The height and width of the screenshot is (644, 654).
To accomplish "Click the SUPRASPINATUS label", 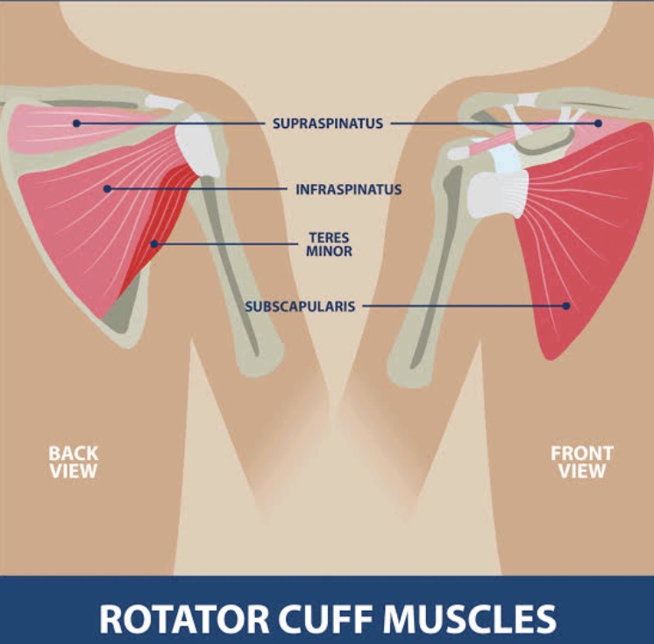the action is click(x=328, y=124).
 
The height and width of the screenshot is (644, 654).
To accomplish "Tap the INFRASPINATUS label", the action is click(x=349, y=189).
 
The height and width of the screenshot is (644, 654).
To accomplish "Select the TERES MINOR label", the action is click(x=329, y=244).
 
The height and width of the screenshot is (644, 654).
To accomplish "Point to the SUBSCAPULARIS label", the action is click(x=300, y=307).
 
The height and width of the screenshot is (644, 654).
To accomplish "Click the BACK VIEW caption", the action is click(x=74, y=463).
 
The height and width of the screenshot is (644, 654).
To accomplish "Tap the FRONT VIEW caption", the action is click(x=582, y=463).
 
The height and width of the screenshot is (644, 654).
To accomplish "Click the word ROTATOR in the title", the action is click(x=184, y=619).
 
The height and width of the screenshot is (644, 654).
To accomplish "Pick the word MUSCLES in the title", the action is click(x=469, y=619).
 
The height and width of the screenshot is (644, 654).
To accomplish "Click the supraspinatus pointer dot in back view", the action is click(x=76, y=124).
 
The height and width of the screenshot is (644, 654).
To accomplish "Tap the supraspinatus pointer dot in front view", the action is click(x=598, y=124).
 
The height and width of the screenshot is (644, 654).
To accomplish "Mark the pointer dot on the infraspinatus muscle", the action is click(x=107, y=189).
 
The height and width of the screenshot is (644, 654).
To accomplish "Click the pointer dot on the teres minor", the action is click(x=154, y=244).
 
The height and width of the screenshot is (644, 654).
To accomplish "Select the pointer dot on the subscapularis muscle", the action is click(x=566, y=306).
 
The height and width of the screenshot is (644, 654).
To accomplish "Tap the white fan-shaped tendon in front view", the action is click(x=499, y=195).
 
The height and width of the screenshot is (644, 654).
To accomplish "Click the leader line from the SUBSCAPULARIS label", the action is click(x=463, y=306).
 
